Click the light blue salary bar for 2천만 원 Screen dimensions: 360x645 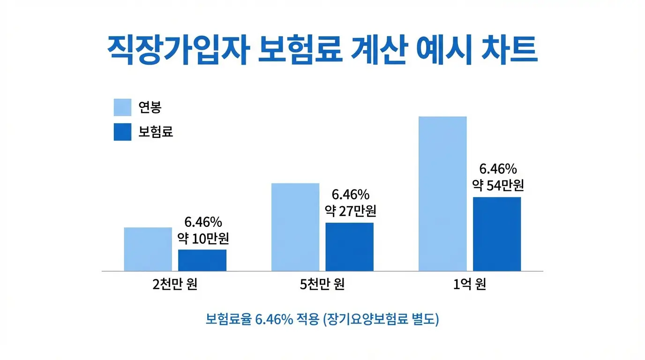pos(148,249)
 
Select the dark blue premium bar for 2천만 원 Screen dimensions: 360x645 pos(202,260)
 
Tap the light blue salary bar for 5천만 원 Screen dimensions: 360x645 pos(295,227)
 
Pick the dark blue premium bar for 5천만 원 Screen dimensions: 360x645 pos(349,247)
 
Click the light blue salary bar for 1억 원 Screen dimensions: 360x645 pos(442,193)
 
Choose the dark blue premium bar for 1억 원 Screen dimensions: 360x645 pos(496,234)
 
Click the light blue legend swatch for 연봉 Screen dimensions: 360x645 pos(122,107)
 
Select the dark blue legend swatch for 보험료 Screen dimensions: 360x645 pos(122,132)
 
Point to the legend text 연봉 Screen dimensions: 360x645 pos(150,107)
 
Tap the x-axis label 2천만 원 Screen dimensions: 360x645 pos(175,285)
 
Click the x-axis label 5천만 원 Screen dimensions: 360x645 pos(322,285)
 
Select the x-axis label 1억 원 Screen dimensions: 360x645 pos(469,285)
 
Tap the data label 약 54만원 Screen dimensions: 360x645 pos(498,185)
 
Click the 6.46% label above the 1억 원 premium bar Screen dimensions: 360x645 pos(498,168)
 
